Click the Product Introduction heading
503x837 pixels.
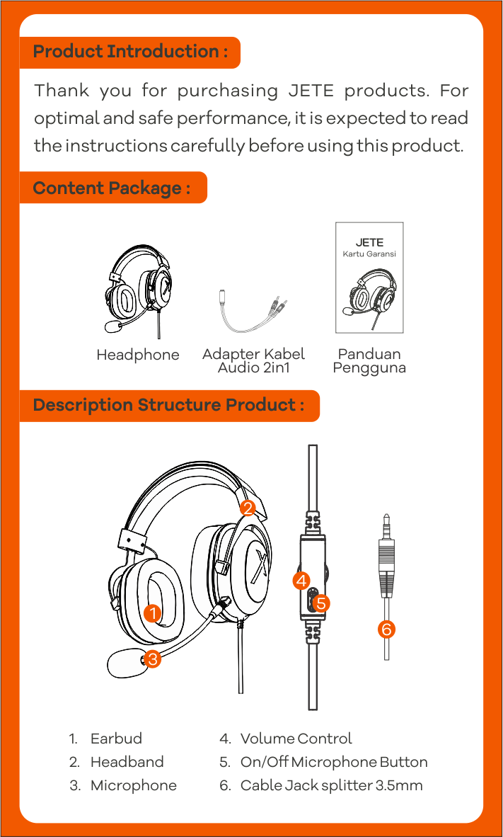(130, 52)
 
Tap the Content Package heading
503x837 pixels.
(112, 188)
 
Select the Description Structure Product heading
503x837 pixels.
(168, 405)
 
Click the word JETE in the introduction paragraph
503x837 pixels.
(311, 91)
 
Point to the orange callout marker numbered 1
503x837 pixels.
(153, 613)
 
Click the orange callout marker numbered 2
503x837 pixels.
(248, 507)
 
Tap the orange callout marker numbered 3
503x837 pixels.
(152, 659)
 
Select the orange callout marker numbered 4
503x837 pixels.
(302, 580)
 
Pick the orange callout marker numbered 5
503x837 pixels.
(320, 603)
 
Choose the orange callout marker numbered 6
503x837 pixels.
(387, 630)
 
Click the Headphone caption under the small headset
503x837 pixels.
(138, 355)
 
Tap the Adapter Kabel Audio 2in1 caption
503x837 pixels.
(253, 361)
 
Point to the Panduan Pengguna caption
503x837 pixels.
(369, 361)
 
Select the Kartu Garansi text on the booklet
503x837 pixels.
(369, 254)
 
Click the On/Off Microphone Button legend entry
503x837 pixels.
(323, 762)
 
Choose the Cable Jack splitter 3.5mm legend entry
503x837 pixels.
(321, 786)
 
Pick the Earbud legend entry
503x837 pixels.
(105, 739)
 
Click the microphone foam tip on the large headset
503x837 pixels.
(125, 662)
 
